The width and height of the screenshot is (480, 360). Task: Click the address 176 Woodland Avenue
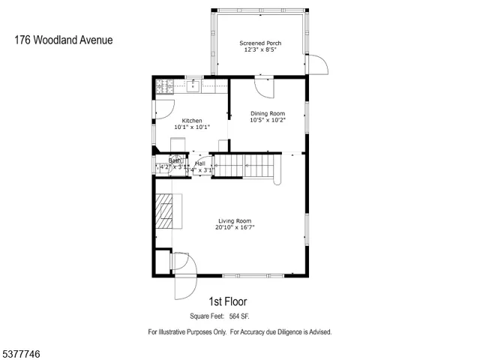pos(63,39)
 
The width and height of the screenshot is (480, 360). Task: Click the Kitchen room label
pos(192,121)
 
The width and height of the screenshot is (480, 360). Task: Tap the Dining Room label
pos(267,113)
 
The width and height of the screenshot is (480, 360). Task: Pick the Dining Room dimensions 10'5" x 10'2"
pos(267,120)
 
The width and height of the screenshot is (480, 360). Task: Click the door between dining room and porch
pos(265,88)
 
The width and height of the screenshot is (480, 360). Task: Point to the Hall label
pos(200,163)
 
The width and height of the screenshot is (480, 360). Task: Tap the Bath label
pos(174,160)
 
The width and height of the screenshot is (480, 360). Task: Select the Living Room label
pos(234,220)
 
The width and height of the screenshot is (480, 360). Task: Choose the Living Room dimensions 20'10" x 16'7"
pos(234,227)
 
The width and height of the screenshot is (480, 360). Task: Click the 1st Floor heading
pos(233,301)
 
